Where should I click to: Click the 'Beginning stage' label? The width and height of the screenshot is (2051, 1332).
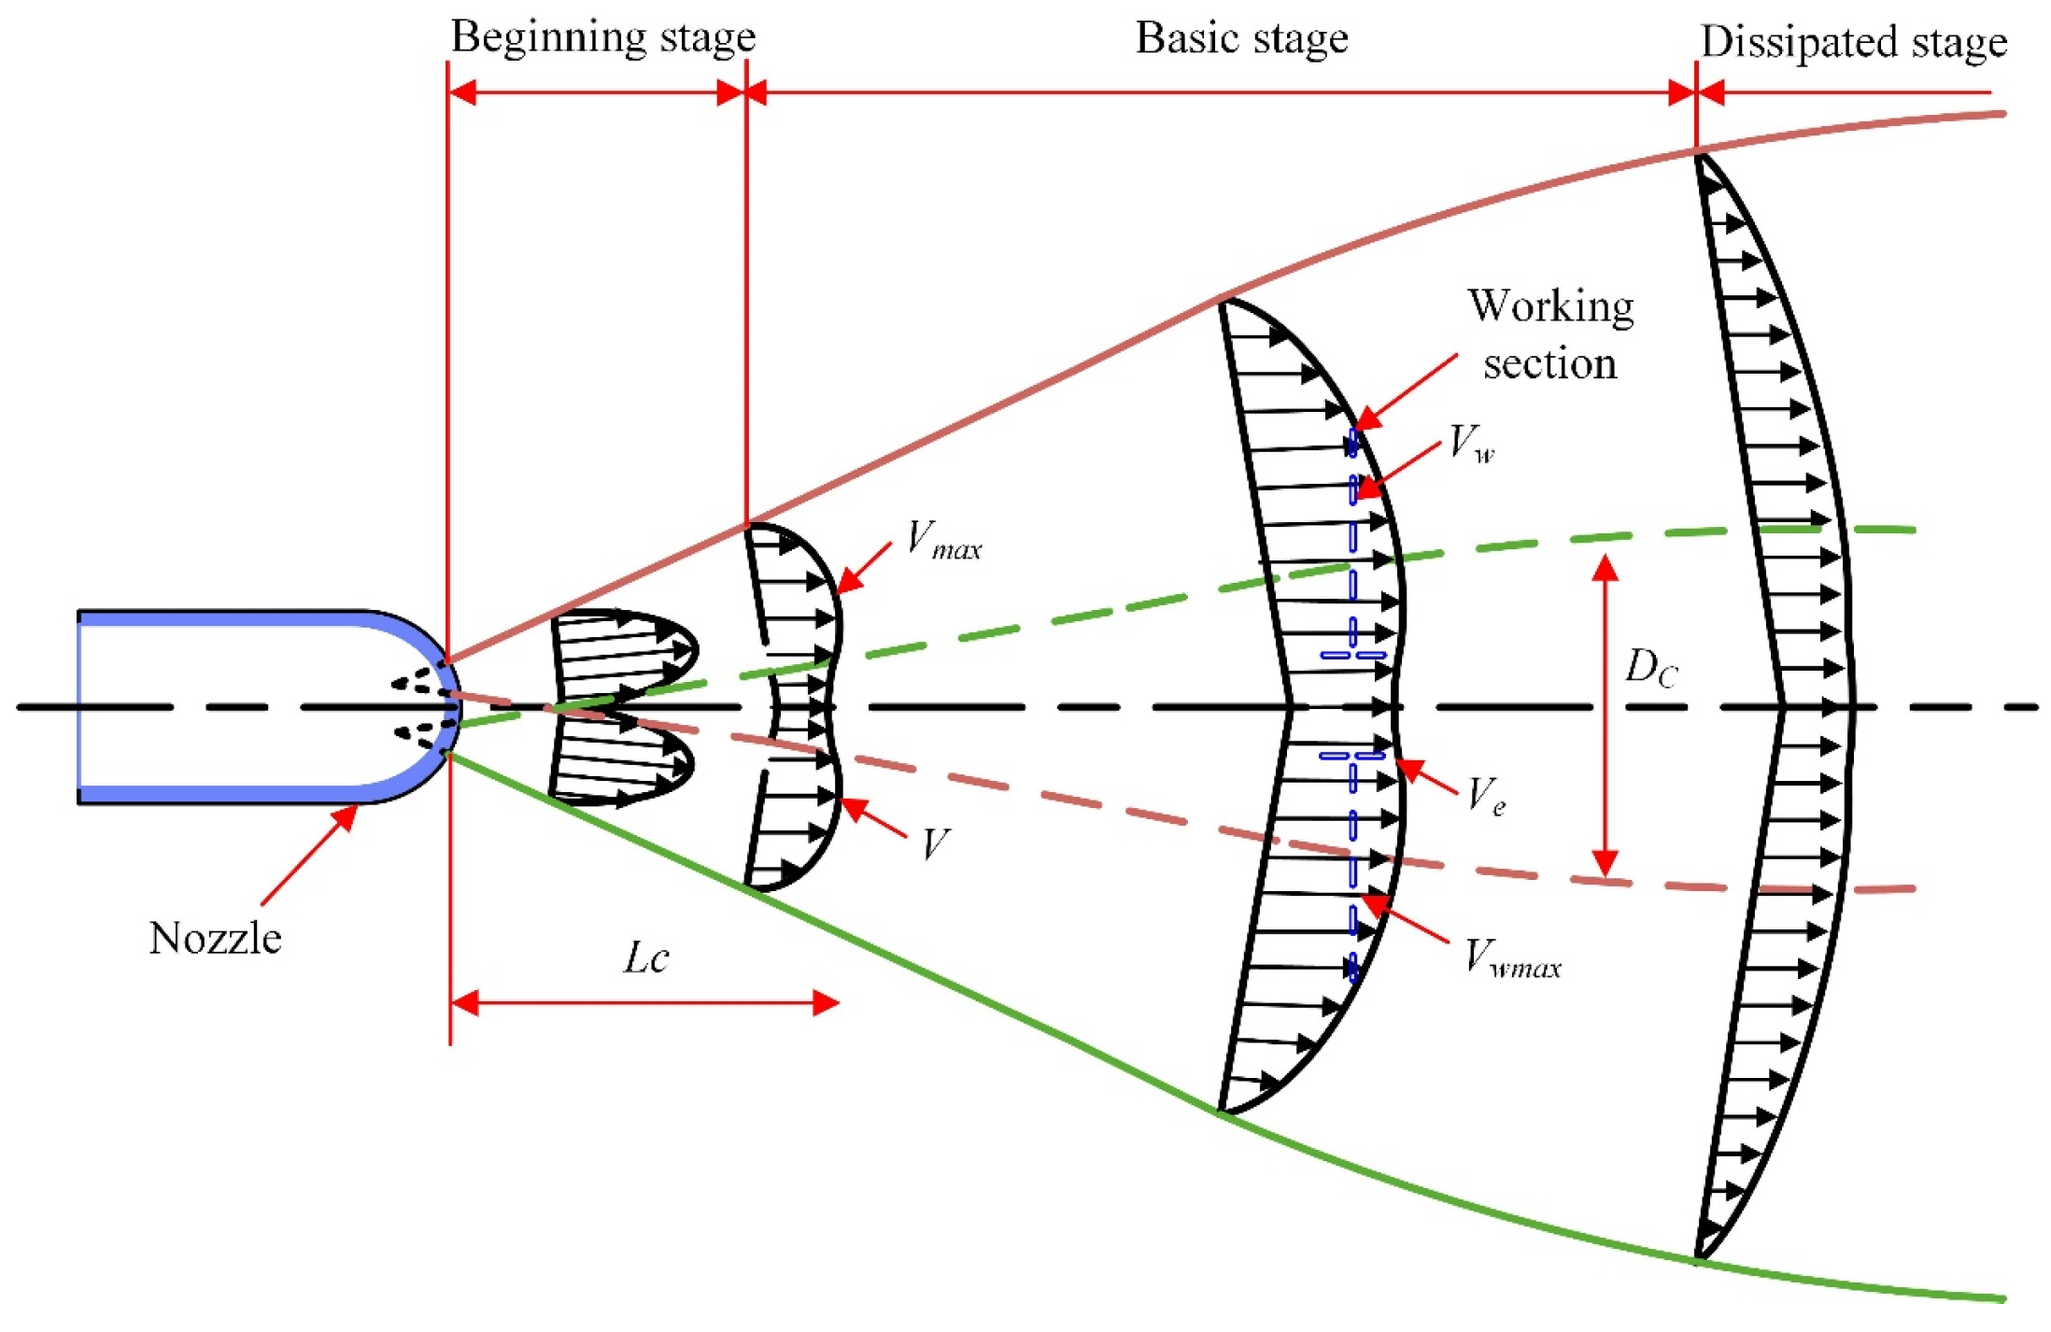pyautogui.click(x=603, y=37)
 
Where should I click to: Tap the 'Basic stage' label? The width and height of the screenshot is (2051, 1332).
pyautogui.click(x=1241, y=38)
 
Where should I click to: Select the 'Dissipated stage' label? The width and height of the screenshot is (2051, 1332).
pyautogui.click(x=1854, y=42)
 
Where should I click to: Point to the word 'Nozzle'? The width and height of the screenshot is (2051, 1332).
pyautogui.click(x=215, y=938)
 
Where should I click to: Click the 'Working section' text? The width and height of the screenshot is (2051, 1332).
pyautogui.click(x=1550, y=334)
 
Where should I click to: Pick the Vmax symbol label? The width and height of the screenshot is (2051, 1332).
pyautogui.click(x=943, y=541)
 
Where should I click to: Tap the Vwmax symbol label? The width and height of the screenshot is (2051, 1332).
pyautogui.click(x=1511, y=958)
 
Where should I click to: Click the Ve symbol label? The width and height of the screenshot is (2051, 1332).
pyautogui.click(x=1485, y=796)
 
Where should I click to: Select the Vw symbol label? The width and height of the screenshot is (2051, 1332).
pyautogui.click(x=1471, y=443)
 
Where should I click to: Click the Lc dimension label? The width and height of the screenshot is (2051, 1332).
pyautogui.click(x=645, y=958)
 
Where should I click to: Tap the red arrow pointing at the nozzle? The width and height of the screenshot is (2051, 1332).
pyautogui.click(x=308, y=855)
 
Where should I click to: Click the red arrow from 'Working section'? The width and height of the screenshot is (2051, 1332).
pyautogui.click(x=1406, y=391)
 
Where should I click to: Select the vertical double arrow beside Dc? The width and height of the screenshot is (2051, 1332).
pyautogui.click(x=1605, y=716)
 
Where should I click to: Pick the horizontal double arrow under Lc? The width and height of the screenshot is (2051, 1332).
pyautogui.click(x=644, y=1003)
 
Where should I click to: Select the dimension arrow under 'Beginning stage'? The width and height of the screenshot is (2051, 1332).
pyautogui.click(x=597, y=92)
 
